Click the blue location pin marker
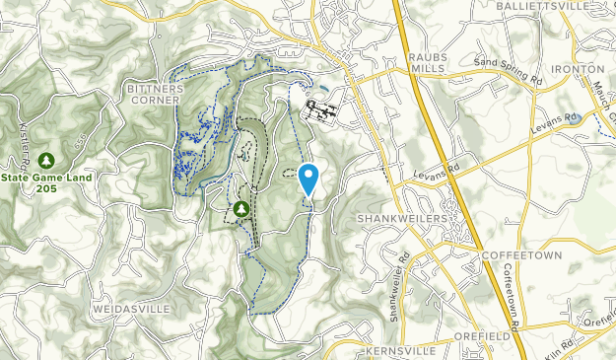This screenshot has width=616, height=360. tap(308, 179)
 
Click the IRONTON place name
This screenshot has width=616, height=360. tap(578, 68)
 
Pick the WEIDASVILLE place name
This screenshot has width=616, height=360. tap(131, 309)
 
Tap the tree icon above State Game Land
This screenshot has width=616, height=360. tap(45, 160)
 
